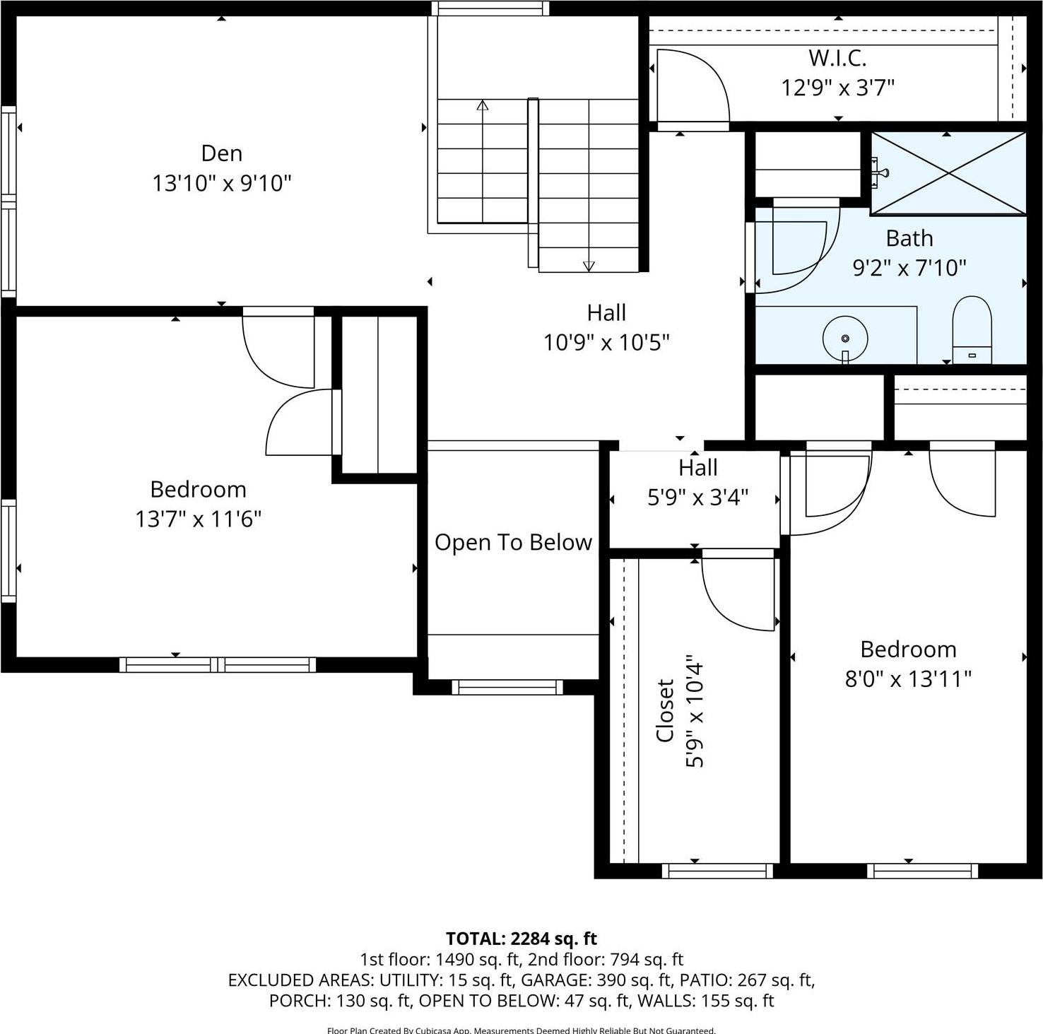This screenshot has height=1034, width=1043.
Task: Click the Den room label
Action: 221,153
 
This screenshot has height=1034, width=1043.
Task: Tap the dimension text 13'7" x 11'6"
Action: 199,519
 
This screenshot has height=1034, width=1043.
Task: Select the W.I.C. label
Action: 837,57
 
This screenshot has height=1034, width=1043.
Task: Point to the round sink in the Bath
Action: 845,339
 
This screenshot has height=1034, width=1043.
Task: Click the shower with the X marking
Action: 948,172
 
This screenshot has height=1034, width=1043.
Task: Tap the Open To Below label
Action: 513,542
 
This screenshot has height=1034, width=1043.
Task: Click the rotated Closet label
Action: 665,710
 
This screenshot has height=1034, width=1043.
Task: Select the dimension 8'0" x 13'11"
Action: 908,679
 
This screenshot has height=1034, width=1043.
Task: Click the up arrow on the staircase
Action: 483,106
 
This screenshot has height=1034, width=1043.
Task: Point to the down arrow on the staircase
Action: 589,266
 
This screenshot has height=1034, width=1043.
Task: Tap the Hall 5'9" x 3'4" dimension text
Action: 697,498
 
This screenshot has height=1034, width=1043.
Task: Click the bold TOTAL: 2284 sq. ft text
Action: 521,939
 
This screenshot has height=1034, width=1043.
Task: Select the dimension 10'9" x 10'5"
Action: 606,343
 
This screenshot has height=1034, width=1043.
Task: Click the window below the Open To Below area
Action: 507,687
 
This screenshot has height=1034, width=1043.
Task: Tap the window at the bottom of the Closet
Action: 717,871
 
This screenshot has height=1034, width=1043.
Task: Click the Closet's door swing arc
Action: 738,594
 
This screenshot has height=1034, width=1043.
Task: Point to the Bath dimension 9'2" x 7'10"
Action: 909,268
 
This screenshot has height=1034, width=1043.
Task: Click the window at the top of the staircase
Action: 490,8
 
